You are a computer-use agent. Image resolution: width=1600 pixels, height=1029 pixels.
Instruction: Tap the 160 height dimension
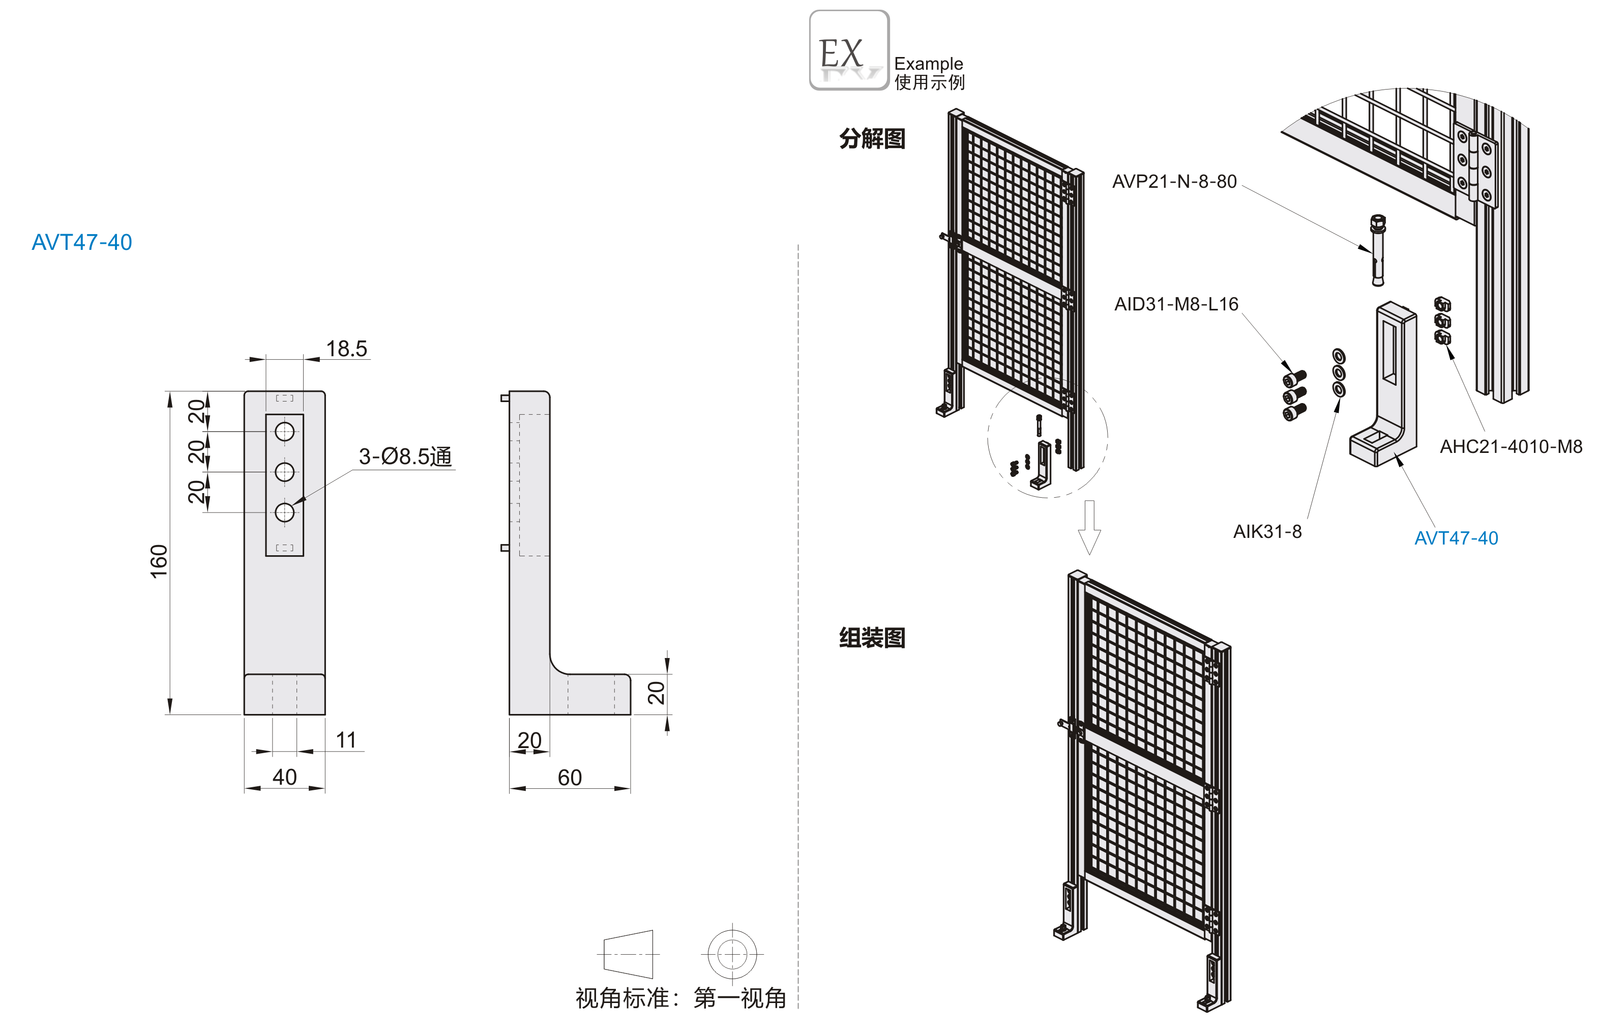pos(159,561)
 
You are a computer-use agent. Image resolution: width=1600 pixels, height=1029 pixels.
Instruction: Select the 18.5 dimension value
pos(346,349)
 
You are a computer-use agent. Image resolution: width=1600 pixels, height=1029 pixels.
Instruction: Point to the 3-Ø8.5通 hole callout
pos(405,456)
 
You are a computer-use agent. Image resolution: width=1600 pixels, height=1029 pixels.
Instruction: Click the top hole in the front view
pos(284,432)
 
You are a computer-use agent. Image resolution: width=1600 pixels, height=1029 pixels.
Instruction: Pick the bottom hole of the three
pos(284,512)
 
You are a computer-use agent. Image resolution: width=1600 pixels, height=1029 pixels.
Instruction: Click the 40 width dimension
pos(284,777)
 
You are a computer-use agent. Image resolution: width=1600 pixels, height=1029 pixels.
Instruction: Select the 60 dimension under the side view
pos(570,777)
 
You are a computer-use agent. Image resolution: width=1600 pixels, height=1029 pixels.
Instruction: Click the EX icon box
pos(849,50)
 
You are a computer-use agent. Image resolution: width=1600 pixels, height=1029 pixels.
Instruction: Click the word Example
pos(928,64)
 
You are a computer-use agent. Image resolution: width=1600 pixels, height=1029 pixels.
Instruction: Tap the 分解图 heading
pos(872,138)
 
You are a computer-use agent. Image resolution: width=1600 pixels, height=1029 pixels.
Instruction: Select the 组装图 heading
pos(872,638)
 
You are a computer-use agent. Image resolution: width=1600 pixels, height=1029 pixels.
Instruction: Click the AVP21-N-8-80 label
pos(1174,182)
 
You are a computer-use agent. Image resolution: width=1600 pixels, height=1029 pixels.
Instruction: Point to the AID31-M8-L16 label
pos(1176,305)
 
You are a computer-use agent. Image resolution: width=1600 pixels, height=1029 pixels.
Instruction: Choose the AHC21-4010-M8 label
pos(1510,446)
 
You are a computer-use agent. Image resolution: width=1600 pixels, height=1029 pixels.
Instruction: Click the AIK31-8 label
pos(1267,532)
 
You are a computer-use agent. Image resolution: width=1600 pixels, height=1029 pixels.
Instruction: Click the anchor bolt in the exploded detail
pos(1377,250)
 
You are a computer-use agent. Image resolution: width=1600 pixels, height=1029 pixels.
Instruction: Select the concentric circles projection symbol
pos(732,954)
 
